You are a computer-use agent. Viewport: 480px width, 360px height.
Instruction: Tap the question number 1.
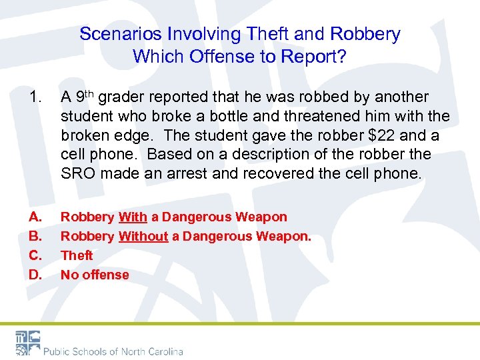coord(34,97)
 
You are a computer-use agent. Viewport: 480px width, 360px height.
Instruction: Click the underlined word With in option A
coord(133,217)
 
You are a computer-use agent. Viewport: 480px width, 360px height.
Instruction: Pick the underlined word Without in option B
coord(143,236)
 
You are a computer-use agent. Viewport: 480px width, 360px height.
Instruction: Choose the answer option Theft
coord(77,255)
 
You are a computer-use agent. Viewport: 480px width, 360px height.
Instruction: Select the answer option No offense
coord(95,275)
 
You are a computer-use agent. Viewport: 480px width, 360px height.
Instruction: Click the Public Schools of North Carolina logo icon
coord(27,342)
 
